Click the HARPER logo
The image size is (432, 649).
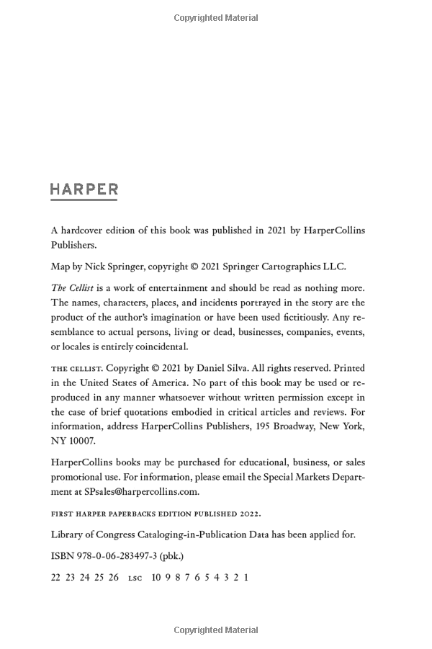84,190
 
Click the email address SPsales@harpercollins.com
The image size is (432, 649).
141,492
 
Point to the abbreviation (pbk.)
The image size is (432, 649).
172,555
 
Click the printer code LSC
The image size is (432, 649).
135,578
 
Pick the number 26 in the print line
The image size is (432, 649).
114,577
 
